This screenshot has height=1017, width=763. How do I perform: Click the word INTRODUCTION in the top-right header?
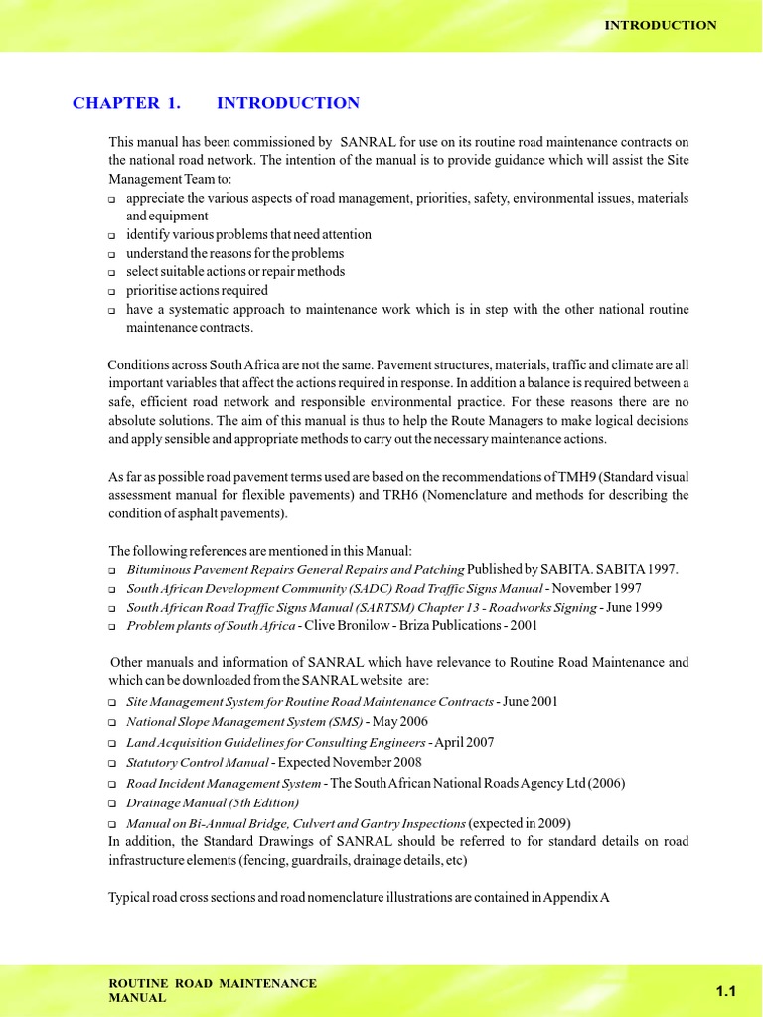tap(661, 25)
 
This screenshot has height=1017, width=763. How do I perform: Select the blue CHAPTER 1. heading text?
tap(116, 103)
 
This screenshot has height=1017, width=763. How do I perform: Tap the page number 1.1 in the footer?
tap(725, 991)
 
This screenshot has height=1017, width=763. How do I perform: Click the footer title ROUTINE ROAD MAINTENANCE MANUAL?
tap(212, 990)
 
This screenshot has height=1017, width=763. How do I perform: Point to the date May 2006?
tap(399, 721)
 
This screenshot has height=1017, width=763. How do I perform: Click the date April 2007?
tap(464, 742)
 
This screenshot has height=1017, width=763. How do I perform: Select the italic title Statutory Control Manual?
tap(197, 763)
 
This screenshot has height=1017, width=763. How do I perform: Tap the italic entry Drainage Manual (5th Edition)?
tap(212, 802)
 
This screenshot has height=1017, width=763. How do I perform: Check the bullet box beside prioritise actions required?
tap(112, 292)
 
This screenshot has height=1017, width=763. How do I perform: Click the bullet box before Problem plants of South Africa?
tap(112, 627)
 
